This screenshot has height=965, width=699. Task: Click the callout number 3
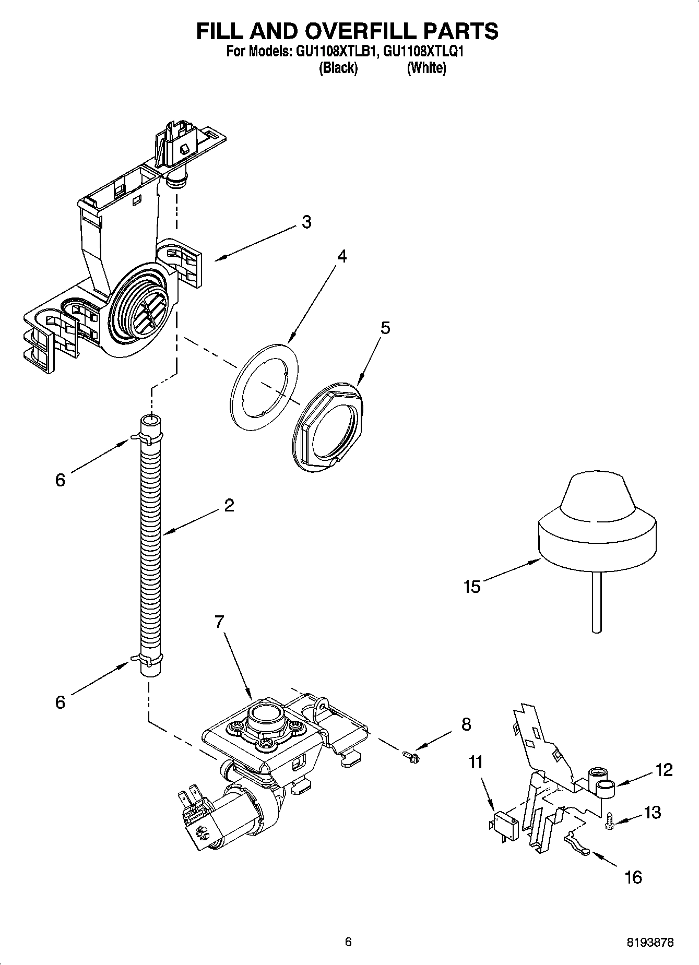click(306, 222)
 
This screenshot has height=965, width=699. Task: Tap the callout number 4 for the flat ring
click(342, 256)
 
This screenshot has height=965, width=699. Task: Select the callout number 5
click(385, 328)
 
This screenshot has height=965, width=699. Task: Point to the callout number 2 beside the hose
click(229, 505)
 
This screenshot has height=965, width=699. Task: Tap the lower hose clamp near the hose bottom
click(148, 660)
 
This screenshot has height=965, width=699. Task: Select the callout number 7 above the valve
click(219, 622)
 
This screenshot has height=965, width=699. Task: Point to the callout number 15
click(471, 586)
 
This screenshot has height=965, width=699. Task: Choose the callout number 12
click(664, 769)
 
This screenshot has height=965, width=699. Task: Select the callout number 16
click(633, 877)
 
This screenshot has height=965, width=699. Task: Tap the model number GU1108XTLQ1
click(423, 52)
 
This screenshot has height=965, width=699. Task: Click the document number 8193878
click(650, 942)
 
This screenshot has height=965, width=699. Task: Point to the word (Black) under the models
click(338, 68)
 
